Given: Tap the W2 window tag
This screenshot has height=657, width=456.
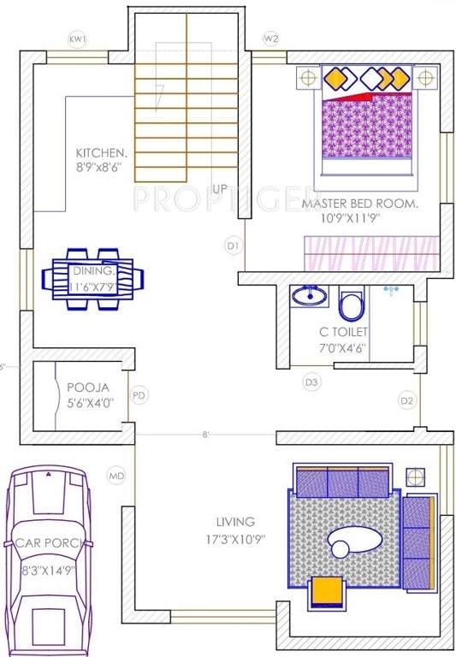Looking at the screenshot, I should coord(271,39).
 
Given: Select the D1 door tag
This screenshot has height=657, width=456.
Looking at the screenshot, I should coord(232,246).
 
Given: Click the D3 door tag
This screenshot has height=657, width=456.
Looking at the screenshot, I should coord(312,382).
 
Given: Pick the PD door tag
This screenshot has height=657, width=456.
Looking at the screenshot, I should coord(139,395).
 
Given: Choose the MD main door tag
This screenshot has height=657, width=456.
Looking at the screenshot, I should coord(115,475).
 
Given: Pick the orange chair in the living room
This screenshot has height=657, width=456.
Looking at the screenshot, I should coord(326,590).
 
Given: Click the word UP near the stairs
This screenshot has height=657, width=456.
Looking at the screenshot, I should coord(220,188).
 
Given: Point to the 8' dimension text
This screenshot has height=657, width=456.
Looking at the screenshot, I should coord(205,435).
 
